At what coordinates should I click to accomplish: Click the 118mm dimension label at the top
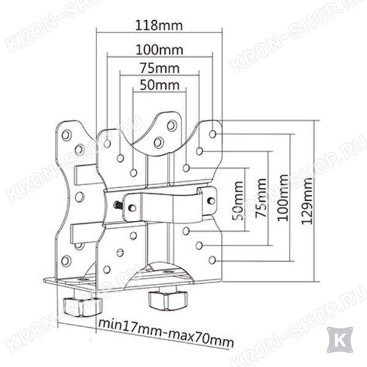point(159,26)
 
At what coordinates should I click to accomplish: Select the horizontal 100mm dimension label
point(160,50)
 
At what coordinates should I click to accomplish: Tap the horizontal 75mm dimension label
point(160,68)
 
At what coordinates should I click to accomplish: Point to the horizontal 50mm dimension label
point(160,85)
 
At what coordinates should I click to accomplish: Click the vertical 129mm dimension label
point(306,201)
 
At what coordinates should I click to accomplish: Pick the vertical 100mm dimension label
point(283,198)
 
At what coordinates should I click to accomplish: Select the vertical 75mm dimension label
point(261,198)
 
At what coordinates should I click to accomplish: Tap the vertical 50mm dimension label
point(237,201)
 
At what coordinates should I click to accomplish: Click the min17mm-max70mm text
point(166,332)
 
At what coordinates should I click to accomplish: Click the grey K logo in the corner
point(340,340)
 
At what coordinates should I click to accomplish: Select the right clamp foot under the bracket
point(168,297)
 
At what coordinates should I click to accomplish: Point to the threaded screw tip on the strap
point(116,205)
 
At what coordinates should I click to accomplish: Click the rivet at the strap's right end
point(212,201)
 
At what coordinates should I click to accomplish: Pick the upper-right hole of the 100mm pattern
point(212,135)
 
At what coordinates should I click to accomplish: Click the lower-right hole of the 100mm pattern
point(212,261)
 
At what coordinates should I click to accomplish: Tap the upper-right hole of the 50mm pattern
point(186,168)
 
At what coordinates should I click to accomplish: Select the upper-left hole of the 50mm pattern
point(133,172)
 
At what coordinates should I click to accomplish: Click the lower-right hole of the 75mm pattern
point(199,245)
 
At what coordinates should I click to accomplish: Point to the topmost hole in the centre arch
point(172,125)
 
